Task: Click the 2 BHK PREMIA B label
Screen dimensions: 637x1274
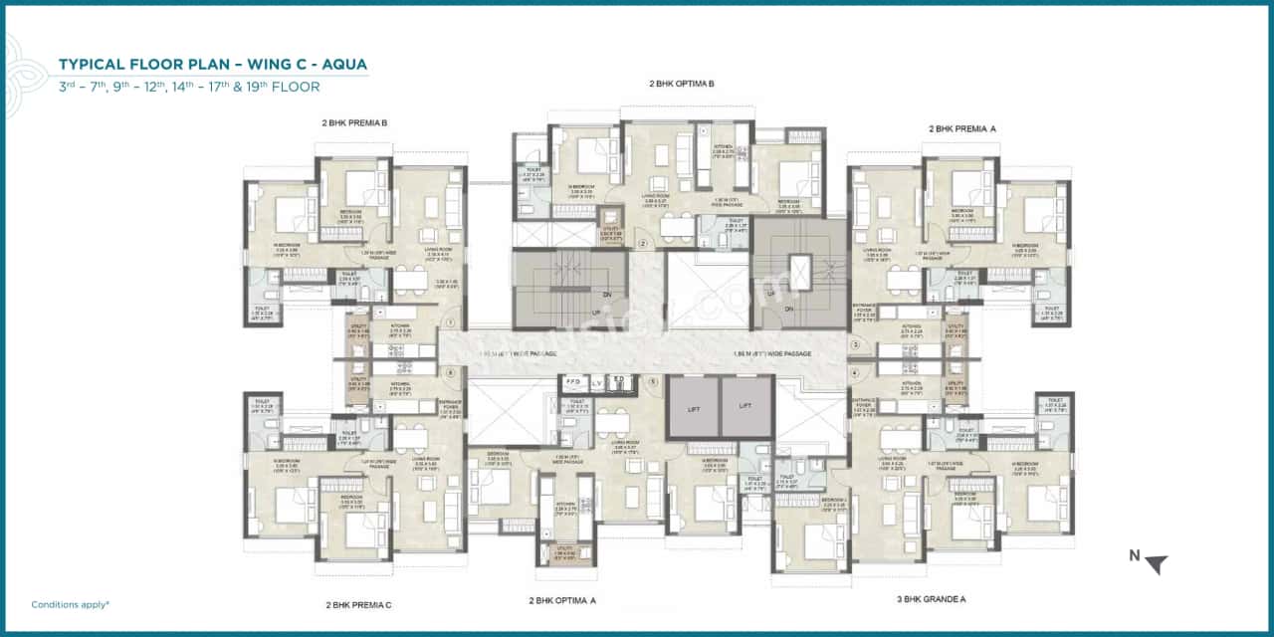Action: click(x=353, y=123)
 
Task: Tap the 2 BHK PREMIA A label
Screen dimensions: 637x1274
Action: click(x=961, y=128)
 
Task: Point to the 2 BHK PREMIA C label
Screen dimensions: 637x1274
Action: click(x=358, y=604)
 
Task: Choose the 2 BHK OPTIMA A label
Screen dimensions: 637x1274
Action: click(x=562, y=600)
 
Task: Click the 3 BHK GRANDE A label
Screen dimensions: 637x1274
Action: click(x=930, y=599)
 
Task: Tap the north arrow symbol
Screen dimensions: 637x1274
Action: click(x=1155, y=564)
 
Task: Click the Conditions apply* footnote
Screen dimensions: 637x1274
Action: click(x=70, y=604)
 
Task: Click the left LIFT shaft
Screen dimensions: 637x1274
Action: click(x=693, y=406)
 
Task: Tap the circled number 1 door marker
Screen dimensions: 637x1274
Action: click(x=451, y=322)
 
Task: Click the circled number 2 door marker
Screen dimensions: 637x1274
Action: click(x=643, y=242)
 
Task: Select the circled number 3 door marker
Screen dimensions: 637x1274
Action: click(x=854, y=344)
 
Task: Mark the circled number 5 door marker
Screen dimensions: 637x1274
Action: click(x=653, y=380)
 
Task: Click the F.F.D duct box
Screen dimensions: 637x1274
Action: click(x=572, y=381)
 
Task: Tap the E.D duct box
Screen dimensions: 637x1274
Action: click(x=618, y=381)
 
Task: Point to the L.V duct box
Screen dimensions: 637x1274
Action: click(x=596, y=381)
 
